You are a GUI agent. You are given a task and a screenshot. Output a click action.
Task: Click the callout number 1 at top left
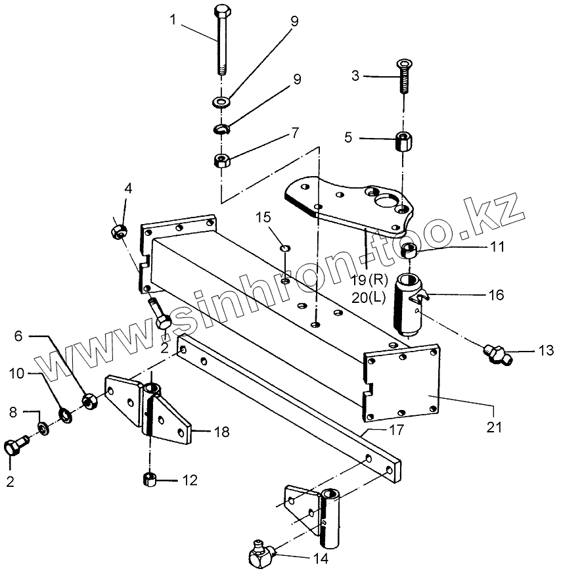[x=173, y=20]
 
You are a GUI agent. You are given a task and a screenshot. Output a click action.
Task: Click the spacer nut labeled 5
[x=401, y=141]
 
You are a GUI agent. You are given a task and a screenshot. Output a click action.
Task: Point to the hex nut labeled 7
[x=221, y=160]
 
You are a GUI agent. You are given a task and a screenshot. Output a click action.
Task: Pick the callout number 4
[x=129, y=189]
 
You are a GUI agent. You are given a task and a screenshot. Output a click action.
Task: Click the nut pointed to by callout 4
[x=119, y=231]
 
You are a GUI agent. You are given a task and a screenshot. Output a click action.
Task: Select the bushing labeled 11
[x=411, y=250]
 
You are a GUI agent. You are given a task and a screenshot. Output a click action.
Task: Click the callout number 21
[x=494, y=427]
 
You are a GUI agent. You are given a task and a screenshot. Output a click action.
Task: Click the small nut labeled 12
[x=148, y=480]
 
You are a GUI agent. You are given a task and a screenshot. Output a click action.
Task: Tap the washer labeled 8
[x=43, y=428]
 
